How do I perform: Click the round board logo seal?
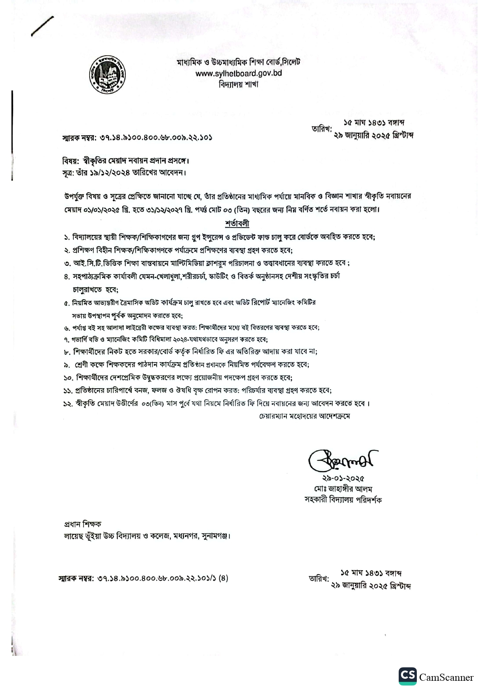click(x=107, y=75)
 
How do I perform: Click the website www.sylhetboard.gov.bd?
click(x=239, y=73)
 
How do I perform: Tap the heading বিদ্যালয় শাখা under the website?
click(x=239, y=84)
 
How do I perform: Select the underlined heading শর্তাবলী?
click(x=237, y=223)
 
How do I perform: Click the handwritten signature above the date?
click(x=342, y=460)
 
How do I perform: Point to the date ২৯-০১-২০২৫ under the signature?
click(x=343, y=479)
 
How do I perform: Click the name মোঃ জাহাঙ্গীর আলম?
click(x=343, y=489)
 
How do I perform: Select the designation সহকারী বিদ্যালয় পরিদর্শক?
click(x=343, y=500)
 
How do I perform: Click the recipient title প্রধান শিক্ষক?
click(x=82, y=524)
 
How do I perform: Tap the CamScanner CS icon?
click(x=407, y=677)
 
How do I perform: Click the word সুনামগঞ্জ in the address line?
click(x=215, y=536)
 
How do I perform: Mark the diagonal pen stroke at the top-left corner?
click(x=42, y=26)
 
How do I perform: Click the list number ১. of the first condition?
click(x=67, y=237)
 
